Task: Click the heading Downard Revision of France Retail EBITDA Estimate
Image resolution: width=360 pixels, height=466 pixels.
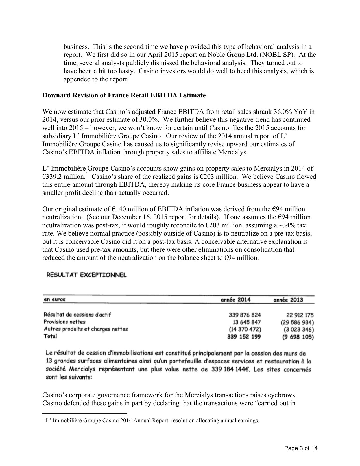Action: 124,95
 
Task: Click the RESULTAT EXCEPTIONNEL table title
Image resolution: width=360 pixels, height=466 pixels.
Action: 87,275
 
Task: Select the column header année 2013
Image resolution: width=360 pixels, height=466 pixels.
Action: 288,300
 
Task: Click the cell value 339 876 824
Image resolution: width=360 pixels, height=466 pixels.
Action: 245,315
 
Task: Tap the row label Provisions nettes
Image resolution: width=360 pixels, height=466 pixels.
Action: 65,322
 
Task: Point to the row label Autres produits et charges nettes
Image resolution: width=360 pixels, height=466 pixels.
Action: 86,329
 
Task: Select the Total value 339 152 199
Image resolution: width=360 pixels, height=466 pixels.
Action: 244,337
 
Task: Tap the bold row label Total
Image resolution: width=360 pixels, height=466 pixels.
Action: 50,336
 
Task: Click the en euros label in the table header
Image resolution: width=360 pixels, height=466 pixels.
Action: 54,300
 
